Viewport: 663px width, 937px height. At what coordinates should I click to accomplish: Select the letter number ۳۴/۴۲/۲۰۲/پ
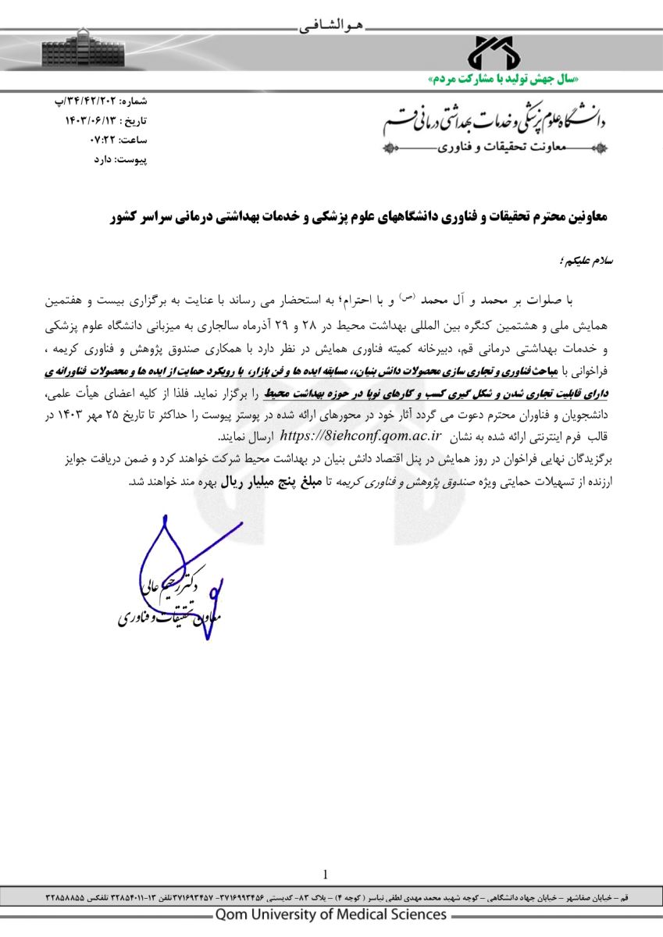tap(98, 102)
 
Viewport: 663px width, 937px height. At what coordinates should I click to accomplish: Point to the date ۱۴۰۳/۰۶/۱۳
tap(91, 121)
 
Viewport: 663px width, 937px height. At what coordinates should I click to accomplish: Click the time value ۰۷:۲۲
tap(101, 140)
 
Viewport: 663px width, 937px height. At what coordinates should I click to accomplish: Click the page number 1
tap(325, 875)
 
